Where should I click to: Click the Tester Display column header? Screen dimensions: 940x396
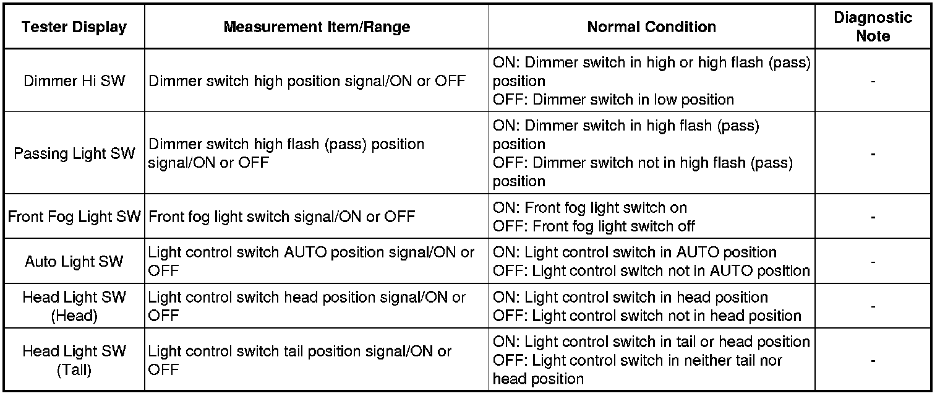point(74,27)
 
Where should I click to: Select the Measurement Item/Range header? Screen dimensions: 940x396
point(317,27)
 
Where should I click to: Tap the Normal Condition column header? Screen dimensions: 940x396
point(651,27)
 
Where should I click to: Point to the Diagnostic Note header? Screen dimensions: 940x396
point(873,27)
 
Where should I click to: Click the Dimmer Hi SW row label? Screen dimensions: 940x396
point(74,81)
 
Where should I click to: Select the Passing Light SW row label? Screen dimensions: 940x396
point(74,153)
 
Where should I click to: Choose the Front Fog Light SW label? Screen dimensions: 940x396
point(74,217)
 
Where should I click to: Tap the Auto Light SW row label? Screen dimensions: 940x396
point(74,262)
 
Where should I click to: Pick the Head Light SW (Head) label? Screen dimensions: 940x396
point(74,306)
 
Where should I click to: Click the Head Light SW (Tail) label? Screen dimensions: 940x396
point(74,360)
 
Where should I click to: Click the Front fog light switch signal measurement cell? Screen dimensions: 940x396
point(282,217)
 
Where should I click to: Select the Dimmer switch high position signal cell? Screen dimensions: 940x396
point(307,81)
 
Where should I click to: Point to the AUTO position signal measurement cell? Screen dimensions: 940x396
point(311,262)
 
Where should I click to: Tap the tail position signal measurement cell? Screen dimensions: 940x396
point(300,360)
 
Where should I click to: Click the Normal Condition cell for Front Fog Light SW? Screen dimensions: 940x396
point(594,217)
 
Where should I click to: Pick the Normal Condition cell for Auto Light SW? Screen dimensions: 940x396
point(651,262)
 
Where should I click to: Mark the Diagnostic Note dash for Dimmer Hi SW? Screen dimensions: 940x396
point(873,81)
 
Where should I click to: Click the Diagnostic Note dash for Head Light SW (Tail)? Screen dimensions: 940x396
point(873,360)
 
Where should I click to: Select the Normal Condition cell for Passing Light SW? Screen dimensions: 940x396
point(643,153)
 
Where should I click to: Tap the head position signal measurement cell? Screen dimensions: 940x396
point(307,306)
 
